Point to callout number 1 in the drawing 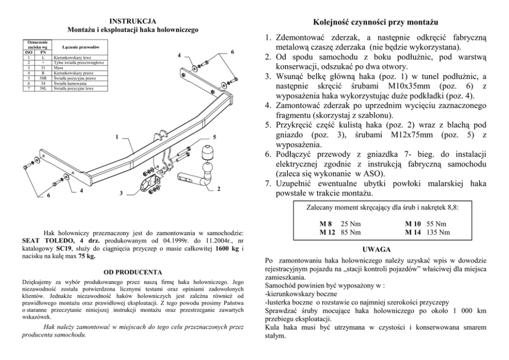tap(117, 138)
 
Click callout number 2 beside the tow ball tap(219, 189)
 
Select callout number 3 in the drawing tap(121, 193)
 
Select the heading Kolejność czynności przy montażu tap(376, 23)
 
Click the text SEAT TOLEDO tap(50, 240)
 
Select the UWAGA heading tap(380, 249)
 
